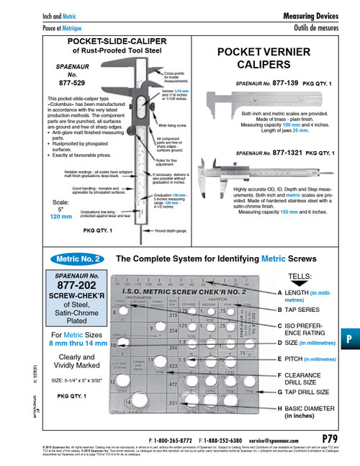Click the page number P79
tap(333, 438)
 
